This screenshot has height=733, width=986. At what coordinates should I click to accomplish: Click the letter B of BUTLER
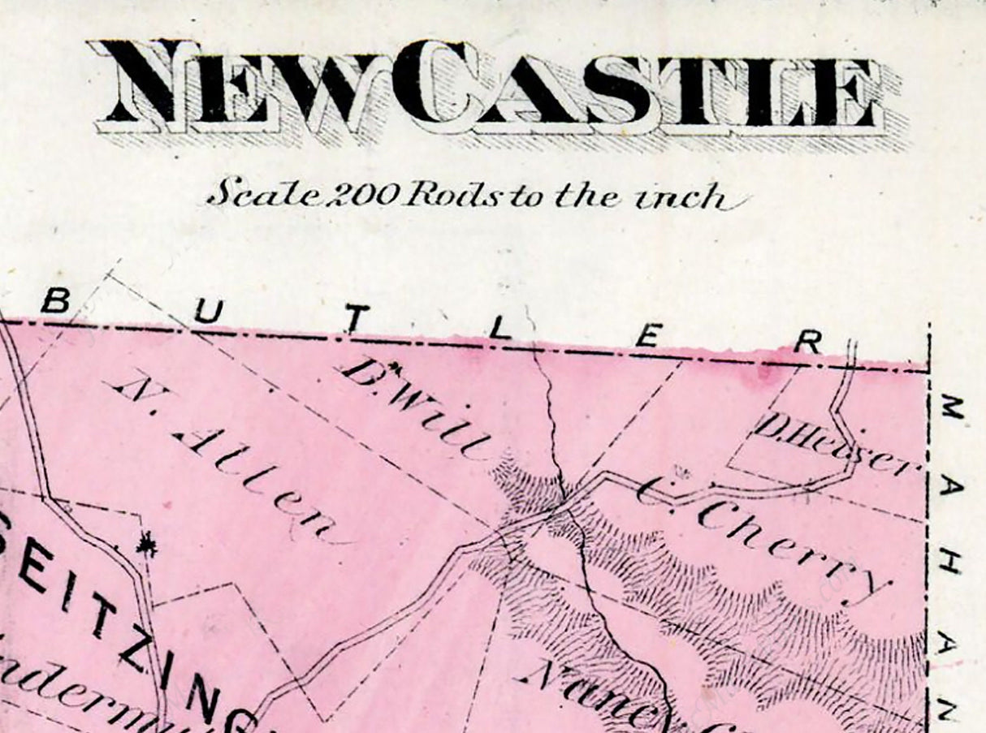(x=54, y=301)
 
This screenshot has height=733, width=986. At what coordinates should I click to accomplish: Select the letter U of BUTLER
(x=205, y=311)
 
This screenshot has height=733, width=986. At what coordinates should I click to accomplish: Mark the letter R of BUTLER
(x=807, y=343)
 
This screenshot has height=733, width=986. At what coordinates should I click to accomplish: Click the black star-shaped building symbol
(x=146, y=545)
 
